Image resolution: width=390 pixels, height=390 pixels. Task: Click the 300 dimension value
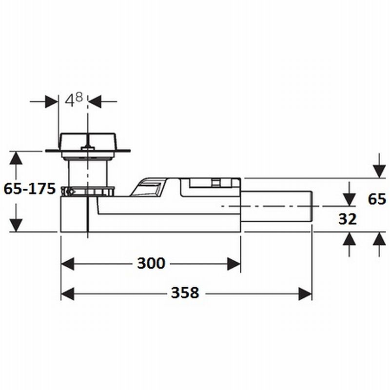coord(151,263)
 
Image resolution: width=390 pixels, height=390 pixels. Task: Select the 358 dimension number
coord(185,293)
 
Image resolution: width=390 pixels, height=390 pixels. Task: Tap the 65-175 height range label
coord(30,189)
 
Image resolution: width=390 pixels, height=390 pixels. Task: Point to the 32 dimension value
coord(347,219)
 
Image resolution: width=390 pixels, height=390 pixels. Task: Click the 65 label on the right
coord(377,199)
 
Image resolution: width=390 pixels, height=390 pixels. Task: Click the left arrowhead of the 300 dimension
coord(68,264)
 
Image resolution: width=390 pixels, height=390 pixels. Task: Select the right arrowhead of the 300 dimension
coord(234,264)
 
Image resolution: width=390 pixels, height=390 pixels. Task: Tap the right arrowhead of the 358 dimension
coord(305,294)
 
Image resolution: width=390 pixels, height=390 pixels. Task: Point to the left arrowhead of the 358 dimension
coord(68,294)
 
